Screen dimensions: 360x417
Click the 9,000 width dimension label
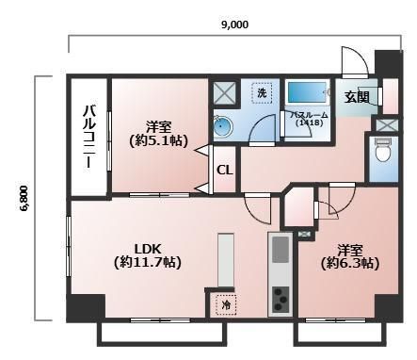234,25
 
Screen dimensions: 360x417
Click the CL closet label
225,171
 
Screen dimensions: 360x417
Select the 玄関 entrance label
357,96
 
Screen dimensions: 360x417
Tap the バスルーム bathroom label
307,114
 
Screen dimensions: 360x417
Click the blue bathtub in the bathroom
307,92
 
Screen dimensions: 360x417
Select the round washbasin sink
222,128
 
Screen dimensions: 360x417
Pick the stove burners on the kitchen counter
281,301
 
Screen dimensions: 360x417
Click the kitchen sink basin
281,250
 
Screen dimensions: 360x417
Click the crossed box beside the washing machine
226,94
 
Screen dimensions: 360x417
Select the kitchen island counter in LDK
226,259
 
